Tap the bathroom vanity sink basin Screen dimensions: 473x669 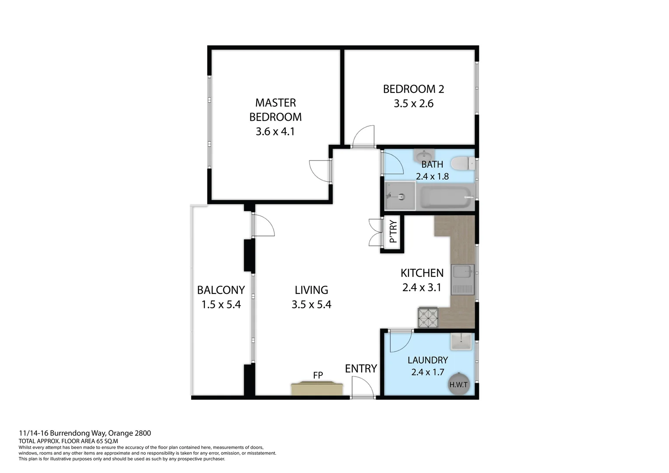pyautogui.click(x=423, y=155)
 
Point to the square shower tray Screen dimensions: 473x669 pyautogui.click(x=399, y=196)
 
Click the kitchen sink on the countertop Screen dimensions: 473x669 pyautogui.click(x=463, y=279)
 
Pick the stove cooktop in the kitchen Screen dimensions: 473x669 pyautogui.click(x=428, y=318)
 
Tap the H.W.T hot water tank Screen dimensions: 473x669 pyautogui.click(x=458, y=385)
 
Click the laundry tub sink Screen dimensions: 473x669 pyautogui.click(x=461, y=341)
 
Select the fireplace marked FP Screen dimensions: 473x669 pyautogui.click(x=317, y=388)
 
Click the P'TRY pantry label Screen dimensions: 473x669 pyautogui.click(x=393, y=232)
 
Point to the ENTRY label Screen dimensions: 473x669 pyautogui.click(x=361, y=369)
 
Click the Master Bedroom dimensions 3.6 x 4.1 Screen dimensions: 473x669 pyautogui.click(x=275, y=131)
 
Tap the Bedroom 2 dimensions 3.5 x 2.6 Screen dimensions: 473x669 pyautogui.click(x=413, y=104)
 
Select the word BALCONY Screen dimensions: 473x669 pyautogui.click(x=221, y=290)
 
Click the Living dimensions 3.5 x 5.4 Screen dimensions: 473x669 pyautogui.click(x=311, y=304)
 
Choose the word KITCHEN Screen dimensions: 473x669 pyautogui.click(x=422, y=273)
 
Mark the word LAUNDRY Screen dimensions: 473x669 pyautogui.click(x=427, y=360)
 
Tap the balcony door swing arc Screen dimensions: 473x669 pyautogui.click(x=264, y=225)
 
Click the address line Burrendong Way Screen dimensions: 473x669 pyautogui.click(x=85, y=433)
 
